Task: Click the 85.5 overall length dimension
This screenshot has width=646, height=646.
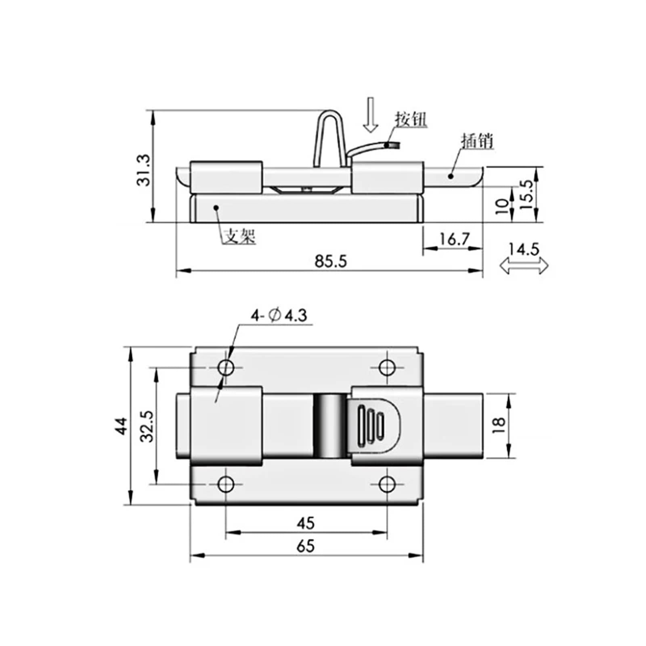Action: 330,262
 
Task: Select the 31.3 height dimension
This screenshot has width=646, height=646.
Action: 143,170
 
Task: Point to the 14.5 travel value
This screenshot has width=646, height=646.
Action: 523,250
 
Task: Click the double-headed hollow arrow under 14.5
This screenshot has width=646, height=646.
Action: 524,266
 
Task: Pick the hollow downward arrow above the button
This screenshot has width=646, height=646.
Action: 370,115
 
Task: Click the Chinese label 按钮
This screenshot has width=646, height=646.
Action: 410,120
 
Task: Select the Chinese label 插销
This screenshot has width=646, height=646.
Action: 477,141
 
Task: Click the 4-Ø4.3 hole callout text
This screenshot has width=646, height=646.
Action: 279,315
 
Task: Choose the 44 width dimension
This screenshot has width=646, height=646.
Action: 122,426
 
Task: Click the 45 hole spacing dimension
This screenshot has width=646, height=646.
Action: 305,523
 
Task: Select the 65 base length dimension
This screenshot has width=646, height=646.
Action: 305,546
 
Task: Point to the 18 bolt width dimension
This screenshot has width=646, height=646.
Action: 499,425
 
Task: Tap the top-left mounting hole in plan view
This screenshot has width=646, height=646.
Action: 226,368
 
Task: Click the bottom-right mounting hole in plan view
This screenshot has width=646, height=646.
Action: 387,484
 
